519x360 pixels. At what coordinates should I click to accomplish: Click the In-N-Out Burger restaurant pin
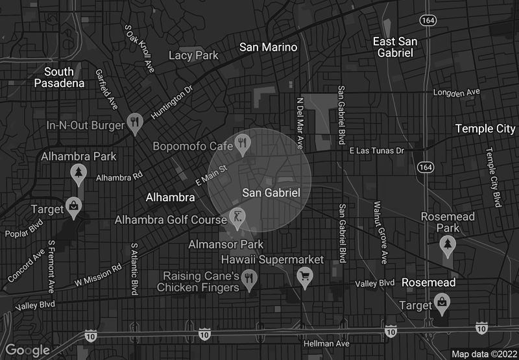[134, 123]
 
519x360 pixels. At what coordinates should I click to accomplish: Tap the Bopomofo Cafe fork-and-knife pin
[243, 144]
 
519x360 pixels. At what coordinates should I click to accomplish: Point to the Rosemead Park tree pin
[447, 245]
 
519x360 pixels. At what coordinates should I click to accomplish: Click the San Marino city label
[268, 47]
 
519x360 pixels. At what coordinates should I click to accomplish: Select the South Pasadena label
[60, 77]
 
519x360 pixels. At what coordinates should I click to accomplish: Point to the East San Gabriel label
[395, 47]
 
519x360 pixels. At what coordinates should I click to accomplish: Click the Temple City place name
[485, 128]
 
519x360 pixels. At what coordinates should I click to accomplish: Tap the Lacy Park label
[193, 56]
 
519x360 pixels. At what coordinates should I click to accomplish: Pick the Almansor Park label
[226, 245]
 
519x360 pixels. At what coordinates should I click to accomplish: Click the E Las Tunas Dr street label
[376, 150]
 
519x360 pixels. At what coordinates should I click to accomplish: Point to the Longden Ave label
[457, 93]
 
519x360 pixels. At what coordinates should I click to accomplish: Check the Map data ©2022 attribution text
[484, 354]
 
